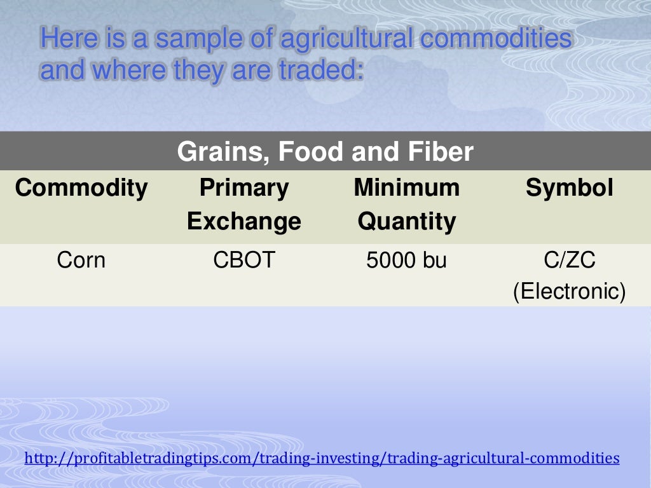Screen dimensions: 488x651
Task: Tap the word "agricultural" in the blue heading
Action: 346,39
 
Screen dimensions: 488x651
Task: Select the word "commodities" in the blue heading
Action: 496,39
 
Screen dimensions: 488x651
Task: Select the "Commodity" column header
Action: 81,188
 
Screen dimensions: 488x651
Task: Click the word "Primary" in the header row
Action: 243,188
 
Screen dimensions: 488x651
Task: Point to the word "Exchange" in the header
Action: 243,221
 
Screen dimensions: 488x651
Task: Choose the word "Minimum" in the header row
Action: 406,188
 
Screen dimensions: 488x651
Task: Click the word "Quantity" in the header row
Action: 406,221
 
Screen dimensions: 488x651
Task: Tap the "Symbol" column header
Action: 569,188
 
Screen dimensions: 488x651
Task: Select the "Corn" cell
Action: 81,261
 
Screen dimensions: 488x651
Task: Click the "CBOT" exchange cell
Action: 243,261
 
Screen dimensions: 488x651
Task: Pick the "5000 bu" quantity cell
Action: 406,261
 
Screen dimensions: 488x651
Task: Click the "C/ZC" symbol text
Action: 569,261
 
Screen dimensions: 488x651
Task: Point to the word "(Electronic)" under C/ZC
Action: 569,292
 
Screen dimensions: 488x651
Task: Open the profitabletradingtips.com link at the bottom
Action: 322,457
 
